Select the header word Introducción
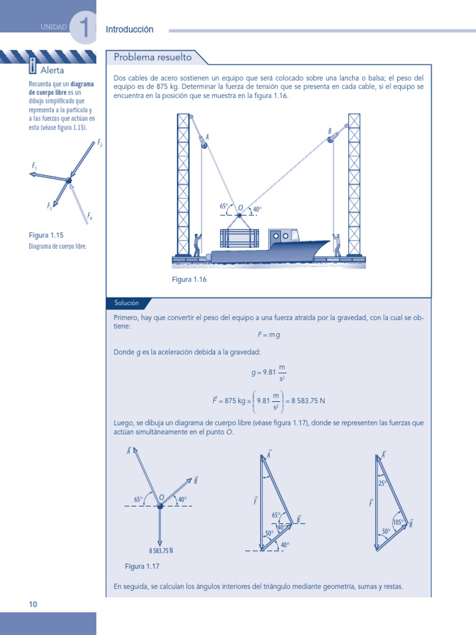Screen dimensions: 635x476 click(130, 30)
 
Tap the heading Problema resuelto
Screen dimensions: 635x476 click(152, 58)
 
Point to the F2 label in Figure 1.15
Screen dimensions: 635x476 click(100, 143)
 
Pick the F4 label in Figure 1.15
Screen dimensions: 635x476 click(90, 216)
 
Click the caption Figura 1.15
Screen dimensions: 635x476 click(46, 236)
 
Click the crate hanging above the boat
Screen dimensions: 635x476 click(240, 238)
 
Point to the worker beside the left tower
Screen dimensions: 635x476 click(197, 245)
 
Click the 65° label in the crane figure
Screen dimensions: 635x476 click(224, 206)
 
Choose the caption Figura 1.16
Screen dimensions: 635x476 click(189, 280)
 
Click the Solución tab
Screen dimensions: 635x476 click(126, 303)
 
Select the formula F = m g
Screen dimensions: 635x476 click(269, 335)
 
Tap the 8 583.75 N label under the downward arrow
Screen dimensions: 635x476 click(161, 551)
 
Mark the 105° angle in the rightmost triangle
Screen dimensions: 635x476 click(398, 522)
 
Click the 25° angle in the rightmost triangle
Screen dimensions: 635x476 click(382, 482)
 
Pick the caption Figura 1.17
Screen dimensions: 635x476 click(143, 567)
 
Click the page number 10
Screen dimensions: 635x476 click(33, 604)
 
